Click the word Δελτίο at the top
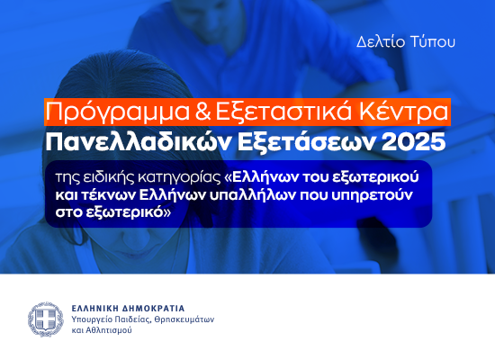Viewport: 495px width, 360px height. tap(376, 41)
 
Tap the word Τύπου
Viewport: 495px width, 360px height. tap(436, 41)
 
